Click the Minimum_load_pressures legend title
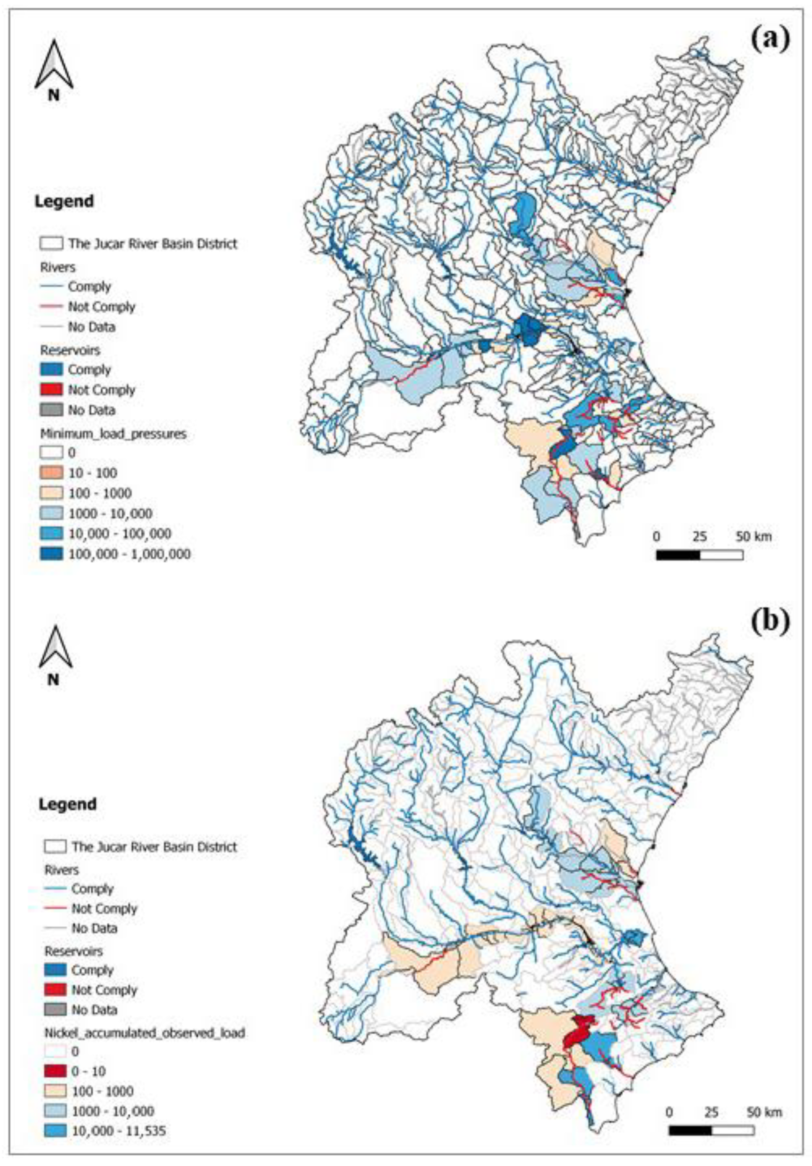pos(113,434)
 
